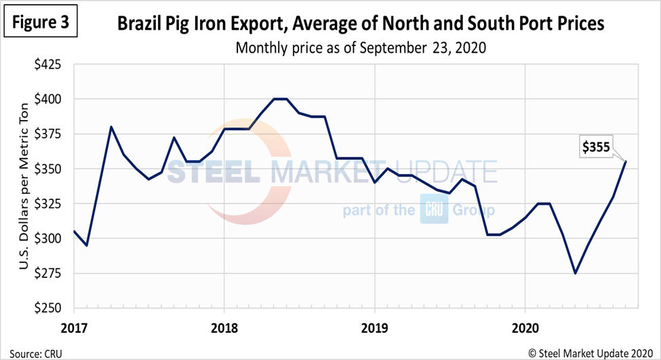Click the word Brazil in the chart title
pos(139,25)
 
